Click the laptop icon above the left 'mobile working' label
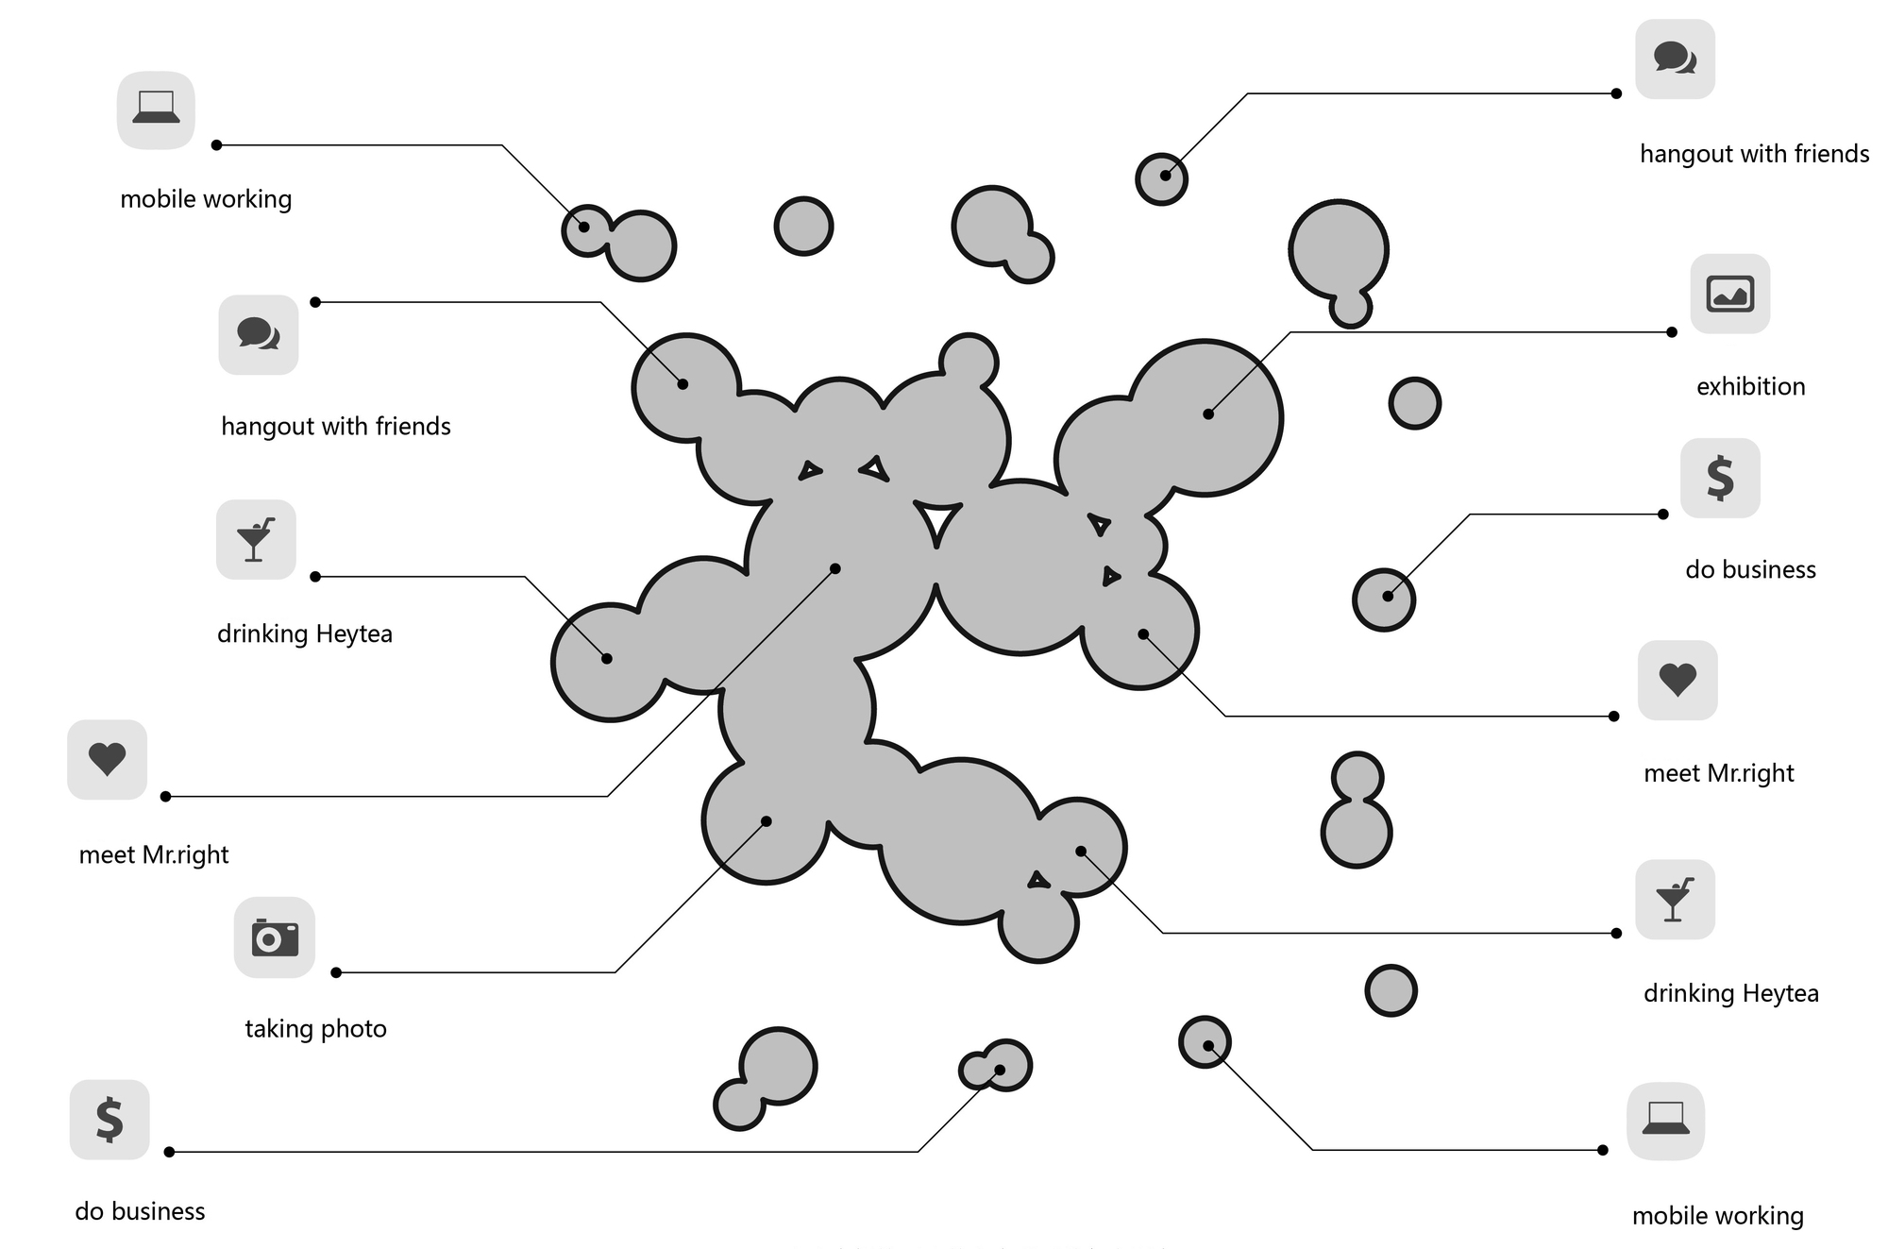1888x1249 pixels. tap(156, 110)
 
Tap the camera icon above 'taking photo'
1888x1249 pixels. tap(274, 937)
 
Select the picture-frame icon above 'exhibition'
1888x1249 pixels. tap(1729, 294)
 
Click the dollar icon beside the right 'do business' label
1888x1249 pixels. tap(1720, 478)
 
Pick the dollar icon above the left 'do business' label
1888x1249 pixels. tap(110, 1120)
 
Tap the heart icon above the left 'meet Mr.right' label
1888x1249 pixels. tap(107, 759)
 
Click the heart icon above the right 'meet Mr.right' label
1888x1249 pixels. tap(1677, 680)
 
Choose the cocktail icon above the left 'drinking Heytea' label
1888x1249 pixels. tap(255, 539)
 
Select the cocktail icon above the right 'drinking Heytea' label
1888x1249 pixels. tap(1675, 899)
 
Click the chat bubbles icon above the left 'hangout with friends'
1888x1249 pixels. tap(258, 334)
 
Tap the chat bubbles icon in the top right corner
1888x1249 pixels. tap(1675, 59)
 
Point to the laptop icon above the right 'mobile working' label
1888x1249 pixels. tap(1665, 1121)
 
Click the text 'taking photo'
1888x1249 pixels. tap(315, 1028)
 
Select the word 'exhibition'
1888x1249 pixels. tap(1750, 386)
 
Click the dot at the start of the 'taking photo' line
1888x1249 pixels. tap(336, 972)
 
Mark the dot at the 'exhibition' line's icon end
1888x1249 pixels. tap(1672, 332)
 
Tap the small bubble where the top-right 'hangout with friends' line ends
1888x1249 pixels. tap(1161, 178)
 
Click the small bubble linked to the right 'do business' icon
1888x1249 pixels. tap(1384, 599)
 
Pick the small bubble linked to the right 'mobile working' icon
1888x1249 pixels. tap(1205, 1042)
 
